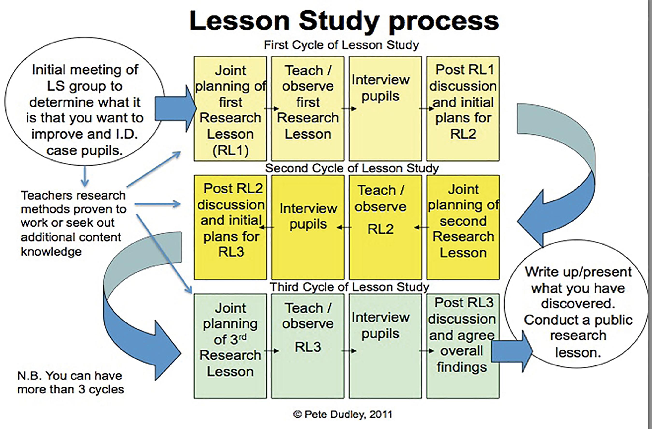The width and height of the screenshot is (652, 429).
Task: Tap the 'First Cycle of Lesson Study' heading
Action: (x=341, y=45)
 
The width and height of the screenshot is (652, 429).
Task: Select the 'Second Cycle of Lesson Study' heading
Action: (x=352, y=168)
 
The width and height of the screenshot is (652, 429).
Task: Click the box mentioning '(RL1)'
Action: (x=230, y=109)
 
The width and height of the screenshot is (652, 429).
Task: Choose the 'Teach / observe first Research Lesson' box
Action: (x=308, y=109)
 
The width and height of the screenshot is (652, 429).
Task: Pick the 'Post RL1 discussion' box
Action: (x=463, y=109)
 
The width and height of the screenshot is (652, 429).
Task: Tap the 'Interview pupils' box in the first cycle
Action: (x=385, y=109)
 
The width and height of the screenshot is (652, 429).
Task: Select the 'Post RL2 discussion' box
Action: (x=230, y=227)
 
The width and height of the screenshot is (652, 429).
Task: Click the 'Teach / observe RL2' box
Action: (x=385, y=227)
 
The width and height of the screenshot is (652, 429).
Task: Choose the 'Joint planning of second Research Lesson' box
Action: (x=463, y=227)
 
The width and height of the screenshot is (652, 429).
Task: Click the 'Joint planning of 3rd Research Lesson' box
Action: (x=230, y=346)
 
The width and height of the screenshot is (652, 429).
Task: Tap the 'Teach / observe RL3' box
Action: (x=308, y=346)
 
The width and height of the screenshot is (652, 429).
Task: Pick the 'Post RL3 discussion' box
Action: (x=463, y=346)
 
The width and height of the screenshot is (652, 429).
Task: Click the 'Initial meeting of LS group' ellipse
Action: (x=85, y=101)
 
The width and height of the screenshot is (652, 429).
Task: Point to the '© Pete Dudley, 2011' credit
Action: (x=343, y=414)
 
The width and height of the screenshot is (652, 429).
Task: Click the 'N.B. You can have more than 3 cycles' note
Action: (x=71, y=382)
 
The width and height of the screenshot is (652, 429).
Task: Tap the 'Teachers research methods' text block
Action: (x=73, y=223)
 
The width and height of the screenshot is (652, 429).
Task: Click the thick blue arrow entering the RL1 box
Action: (x=176, y=109)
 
